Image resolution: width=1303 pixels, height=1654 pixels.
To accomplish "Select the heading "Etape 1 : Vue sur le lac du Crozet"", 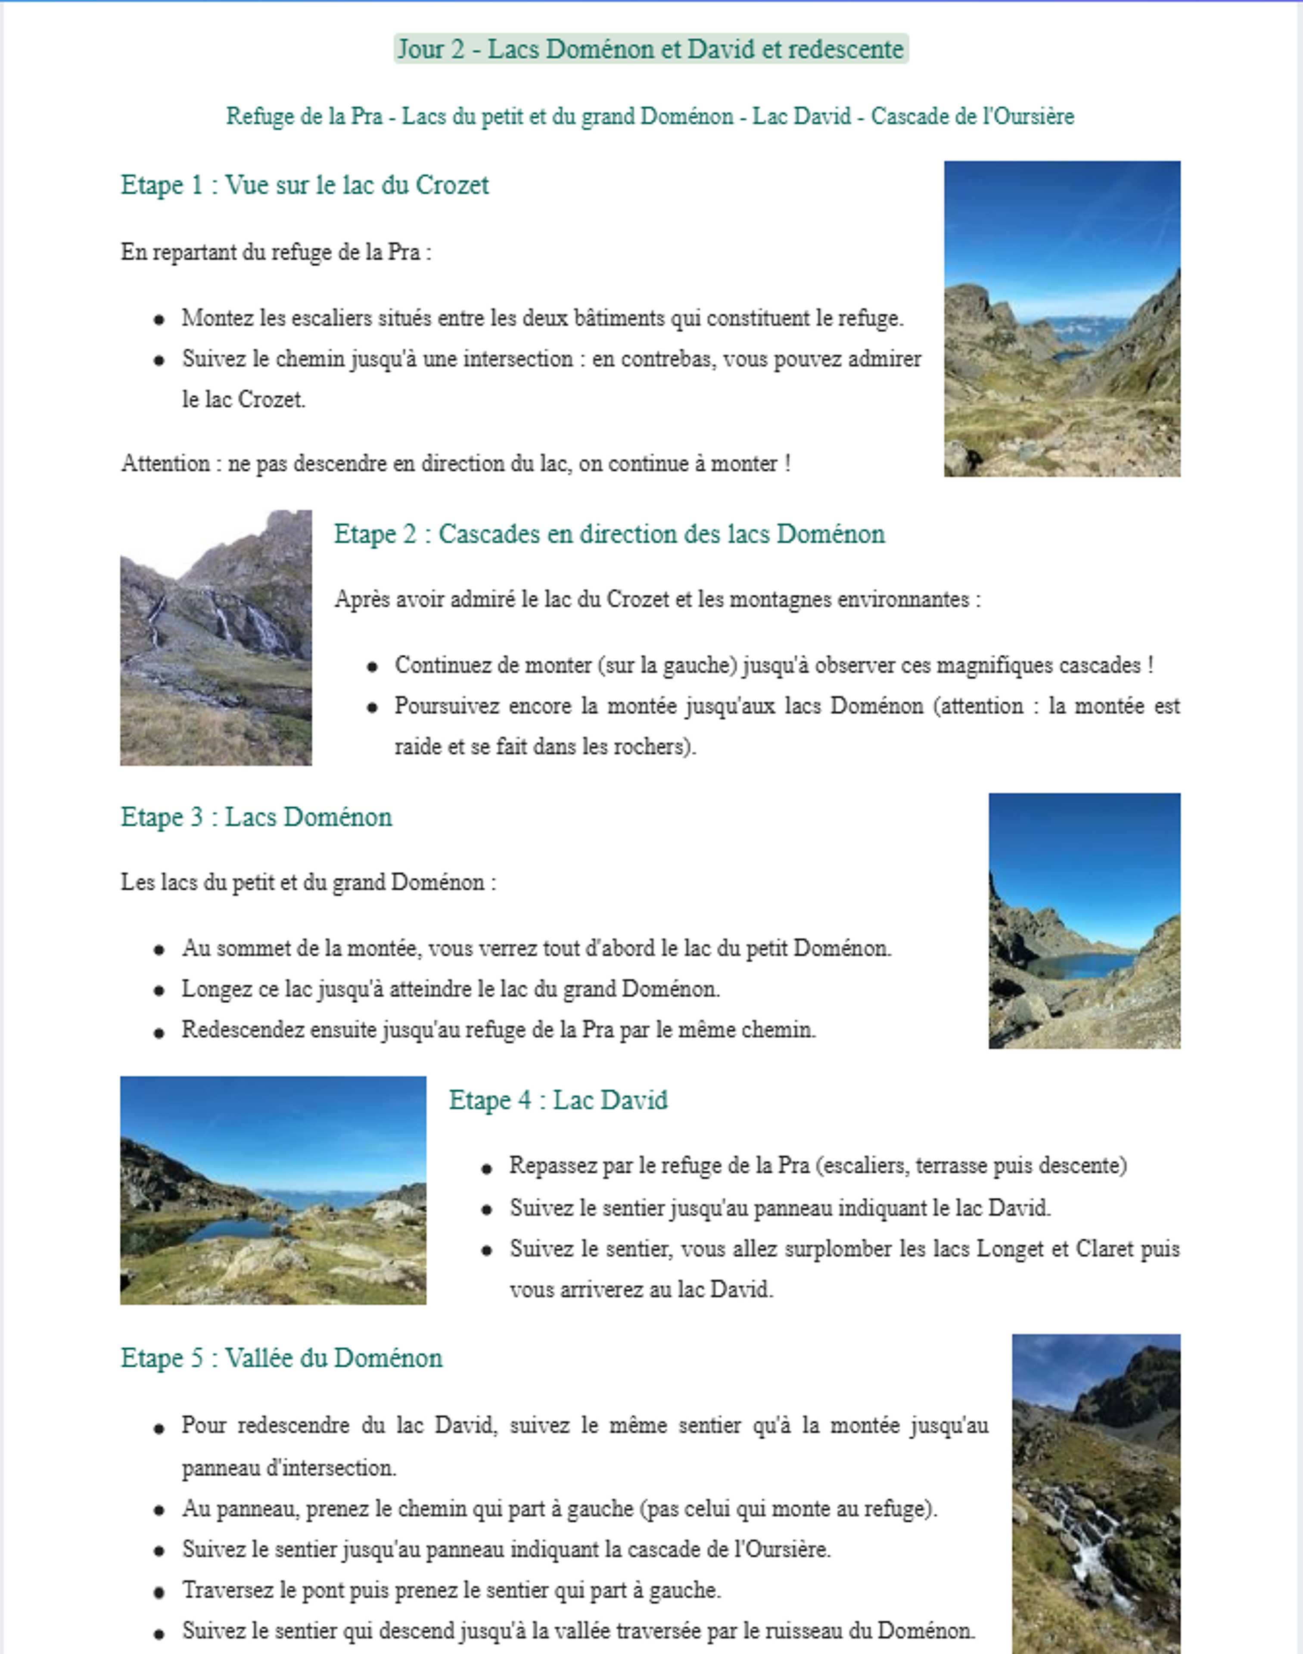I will [x=305, y=185].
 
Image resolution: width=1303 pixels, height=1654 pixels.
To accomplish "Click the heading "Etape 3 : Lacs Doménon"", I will [x=256, y=817].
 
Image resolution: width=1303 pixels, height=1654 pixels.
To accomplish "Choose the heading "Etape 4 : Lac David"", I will [x=558, y=1100].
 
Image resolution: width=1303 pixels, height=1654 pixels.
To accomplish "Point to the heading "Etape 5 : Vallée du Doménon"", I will [x=282, y=1358].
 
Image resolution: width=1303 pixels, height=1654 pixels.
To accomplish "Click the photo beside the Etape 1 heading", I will [x=1062, y=319].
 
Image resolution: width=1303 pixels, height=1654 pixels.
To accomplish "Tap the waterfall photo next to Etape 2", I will [x=216, y=638].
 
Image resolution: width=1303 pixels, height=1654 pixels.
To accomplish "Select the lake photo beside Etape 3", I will [x=1084, y=921].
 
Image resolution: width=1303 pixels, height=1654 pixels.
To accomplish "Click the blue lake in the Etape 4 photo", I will [x=229, y=1229].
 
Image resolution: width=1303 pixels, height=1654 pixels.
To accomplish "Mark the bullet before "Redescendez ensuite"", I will [x=159, y=1032].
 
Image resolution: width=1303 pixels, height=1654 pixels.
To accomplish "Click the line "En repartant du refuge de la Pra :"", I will [x=275, y=252].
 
